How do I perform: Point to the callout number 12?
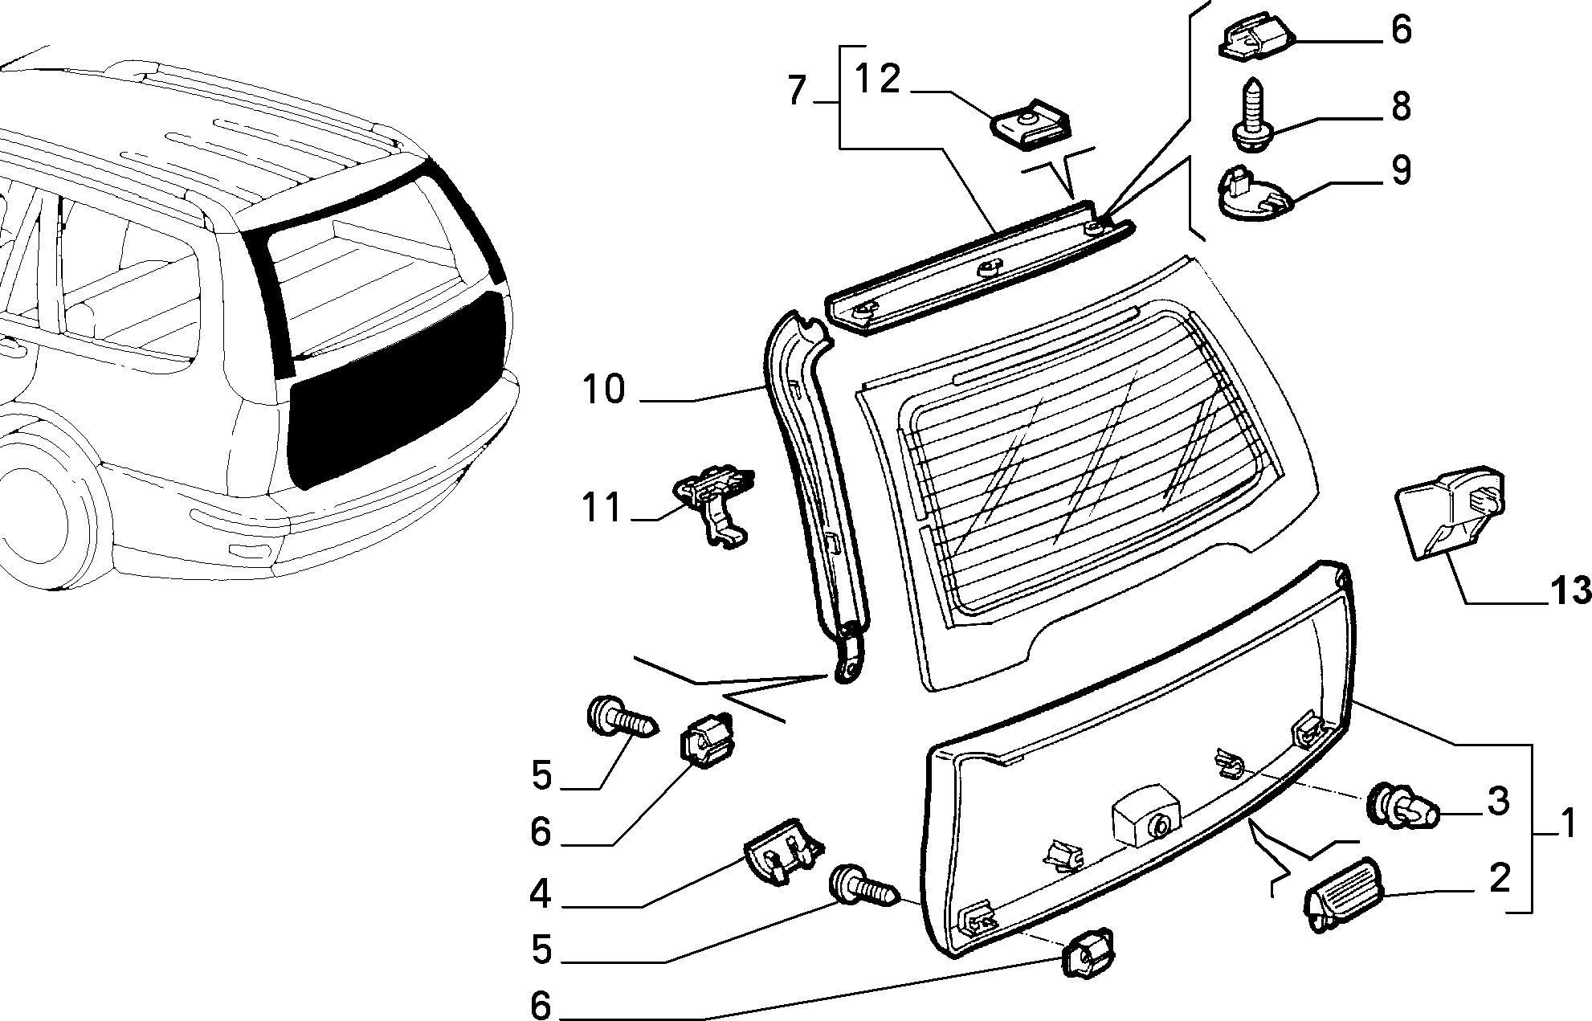877,80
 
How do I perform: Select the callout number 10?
604,390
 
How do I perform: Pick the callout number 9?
1400,170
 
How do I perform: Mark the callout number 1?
1569,825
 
